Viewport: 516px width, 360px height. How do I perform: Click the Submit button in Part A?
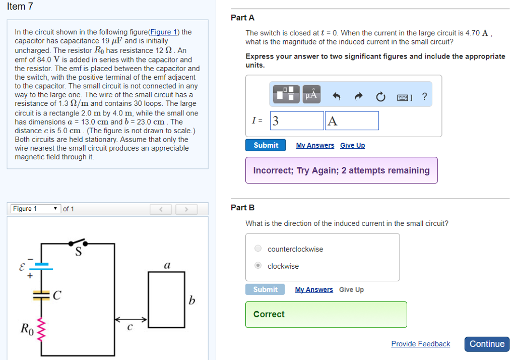[266, 145]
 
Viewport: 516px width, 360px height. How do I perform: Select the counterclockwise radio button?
[258, 249]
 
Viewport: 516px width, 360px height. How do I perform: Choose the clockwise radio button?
[258, 266]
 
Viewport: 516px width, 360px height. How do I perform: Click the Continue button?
[487, 344]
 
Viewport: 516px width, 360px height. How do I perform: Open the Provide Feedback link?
[420, 344]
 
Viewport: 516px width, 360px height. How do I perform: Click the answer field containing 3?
[297, 121]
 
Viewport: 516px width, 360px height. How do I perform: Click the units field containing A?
[352, 121]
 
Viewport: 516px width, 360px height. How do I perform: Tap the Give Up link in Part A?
[352, 145]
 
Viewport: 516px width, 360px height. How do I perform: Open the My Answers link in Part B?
[314, 289]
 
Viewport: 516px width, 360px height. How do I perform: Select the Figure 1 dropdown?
[35, 209]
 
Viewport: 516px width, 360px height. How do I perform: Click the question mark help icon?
[424, 96]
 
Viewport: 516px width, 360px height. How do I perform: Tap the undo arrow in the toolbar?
[337, 96]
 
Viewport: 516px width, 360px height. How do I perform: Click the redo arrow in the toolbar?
[359, 96]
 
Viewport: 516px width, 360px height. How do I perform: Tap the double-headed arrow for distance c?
[130, 319]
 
